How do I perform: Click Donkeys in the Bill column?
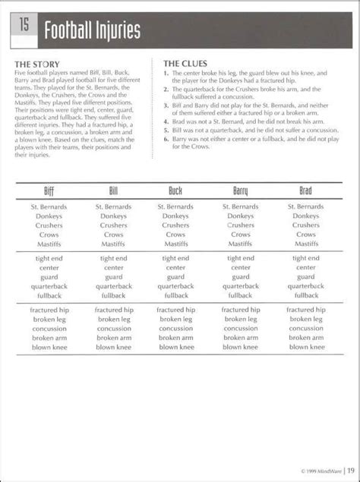point(112,216)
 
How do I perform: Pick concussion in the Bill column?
point(112,329)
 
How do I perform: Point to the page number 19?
point(350,468)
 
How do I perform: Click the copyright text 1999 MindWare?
point(313,469)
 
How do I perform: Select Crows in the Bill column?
point(112,235)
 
